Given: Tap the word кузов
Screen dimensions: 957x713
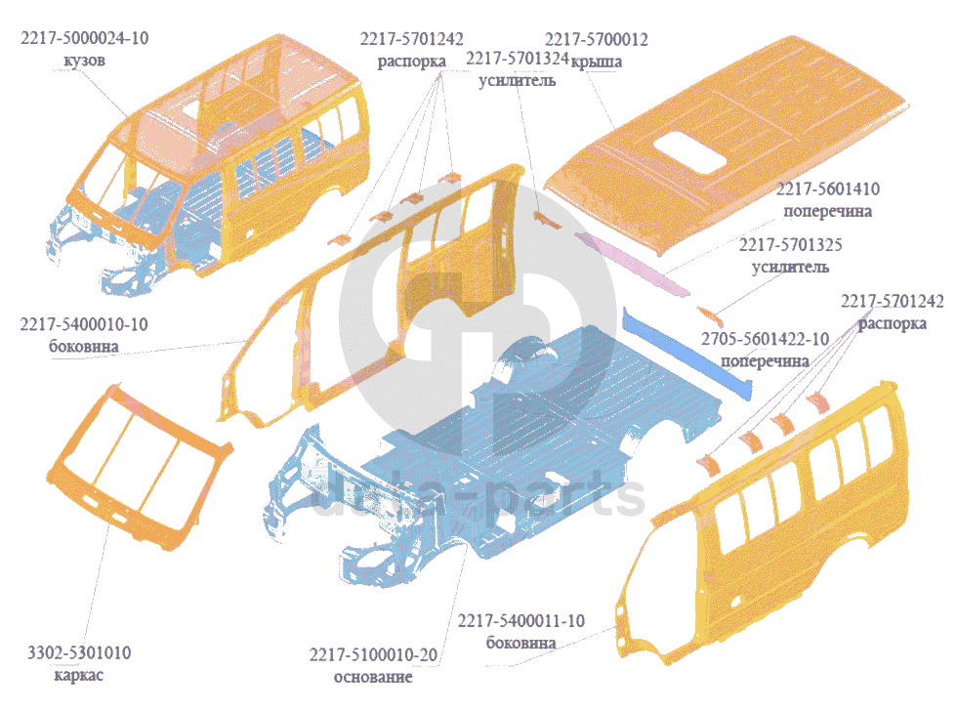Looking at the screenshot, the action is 78,60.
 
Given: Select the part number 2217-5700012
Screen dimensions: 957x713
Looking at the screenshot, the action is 597,40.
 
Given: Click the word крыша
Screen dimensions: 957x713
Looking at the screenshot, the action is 597,61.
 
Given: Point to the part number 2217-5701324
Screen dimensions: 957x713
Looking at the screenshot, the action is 518,60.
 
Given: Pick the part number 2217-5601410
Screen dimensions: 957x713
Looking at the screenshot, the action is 825,189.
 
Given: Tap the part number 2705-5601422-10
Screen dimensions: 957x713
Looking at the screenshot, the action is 766,339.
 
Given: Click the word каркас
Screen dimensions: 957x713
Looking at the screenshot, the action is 78,674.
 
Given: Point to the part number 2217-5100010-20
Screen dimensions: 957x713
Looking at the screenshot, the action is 373,654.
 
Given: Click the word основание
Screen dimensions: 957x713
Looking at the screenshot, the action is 373,676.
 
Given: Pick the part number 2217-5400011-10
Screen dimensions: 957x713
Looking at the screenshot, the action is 521,621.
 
